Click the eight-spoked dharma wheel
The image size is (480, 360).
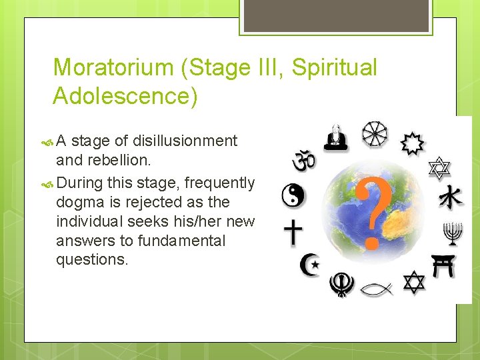click(x=375, y=133)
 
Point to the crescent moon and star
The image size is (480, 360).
click(x=309, y=265)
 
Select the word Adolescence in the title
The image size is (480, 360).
click(x=125, y=96)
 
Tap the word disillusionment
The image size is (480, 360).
click(x=185, y=141)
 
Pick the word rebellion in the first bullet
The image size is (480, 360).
click(x=115, y=160)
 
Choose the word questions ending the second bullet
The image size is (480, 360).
click(x=92, y=259)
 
